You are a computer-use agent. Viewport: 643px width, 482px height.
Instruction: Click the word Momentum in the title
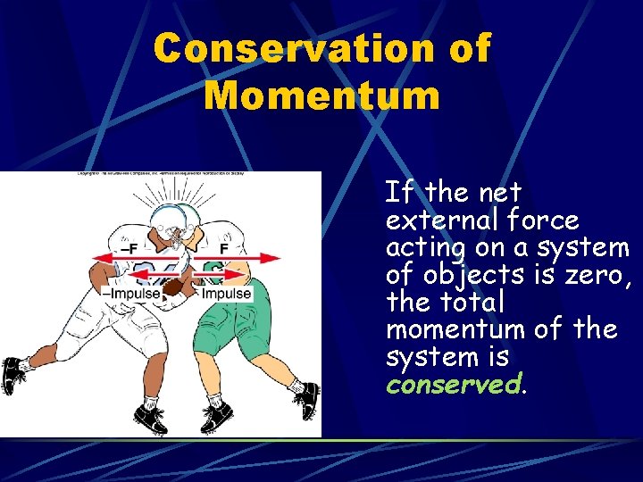(321, 94)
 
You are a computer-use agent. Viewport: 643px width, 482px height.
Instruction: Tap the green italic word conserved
(452, 384)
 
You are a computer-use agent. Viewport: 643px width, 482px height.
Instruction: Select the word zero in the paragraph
(597, 274)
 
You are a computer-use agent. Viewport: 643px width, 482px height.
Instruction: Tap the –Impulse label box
(132, 294)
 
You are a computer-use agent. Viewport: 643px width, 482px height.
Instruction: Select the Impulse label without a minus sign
(226, 294)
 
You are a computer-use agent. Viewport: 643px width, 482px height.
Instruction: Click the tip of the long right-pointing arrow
(280, 259)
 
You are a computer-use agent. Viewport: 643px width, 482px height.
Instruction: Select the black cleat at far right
(307, 399)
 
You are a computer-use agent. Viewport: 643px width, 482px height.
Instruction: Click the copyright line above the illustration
(161, 175)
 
